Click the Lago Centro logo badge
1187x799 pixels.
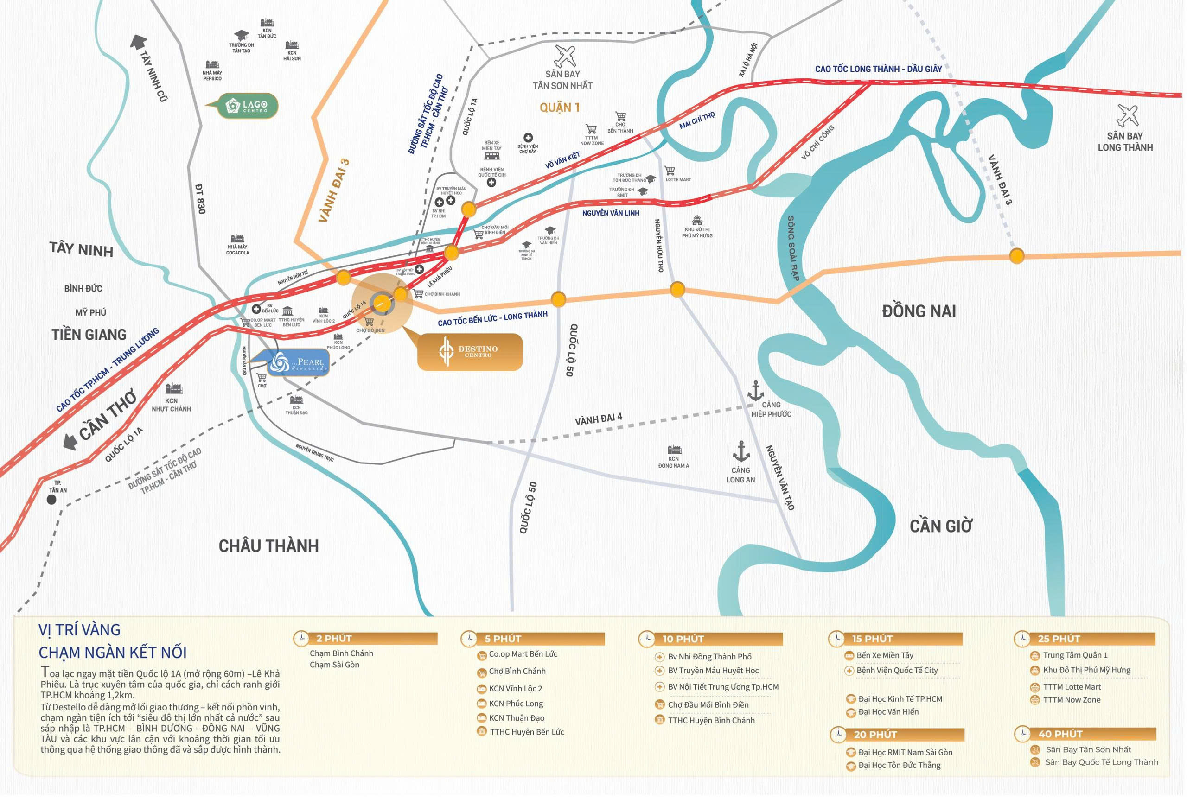point(248,106)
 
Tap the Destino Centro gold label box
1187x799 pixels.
point(470,352)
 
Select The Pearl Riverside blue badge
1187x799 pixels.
point(299,363)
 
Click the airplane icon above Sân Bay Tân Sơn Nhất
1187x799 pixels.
point(565,56)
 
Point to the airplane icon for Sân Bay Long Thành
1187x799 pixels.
point(1127,116)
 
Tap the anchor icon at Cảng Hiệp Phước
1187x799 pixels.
point(755,391)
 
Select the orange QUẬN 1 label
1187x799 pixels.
point(560,108)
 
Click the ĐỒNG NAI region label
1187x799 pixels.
point(919,311)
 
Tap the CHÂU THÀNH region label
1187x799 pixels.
point(268,546)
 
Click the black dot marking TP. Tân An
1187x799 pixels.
point(51,500)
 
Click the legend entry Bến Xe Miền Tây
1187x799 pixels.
point(885,655)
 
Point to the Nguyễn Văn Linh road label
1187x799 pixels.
point(611,213)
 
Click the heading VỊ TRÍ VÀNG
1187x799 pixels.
point(79,630)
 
